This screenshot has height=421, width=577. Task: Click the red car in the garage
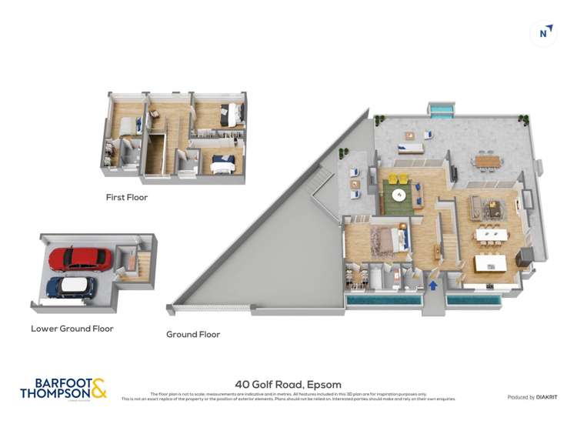[80, 259]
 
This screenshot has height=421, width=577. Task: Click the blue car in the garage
[71, 287]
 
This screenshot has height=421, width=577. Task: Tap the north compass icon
[545, 33]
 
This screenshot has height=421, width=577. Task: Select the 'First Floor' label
[127, 198]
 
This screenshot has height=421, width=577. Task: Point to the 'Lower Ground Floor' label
[72, 329]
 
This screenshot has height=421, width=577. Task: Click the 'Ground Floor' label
[193, 335]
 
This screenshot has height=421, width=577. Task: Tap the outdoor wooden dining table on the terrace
[487, 161]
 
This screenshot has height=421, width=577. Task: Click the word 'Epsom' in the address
[323, 385]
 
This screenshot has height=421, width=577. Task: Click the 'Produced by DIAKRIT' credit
[532, 397]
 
